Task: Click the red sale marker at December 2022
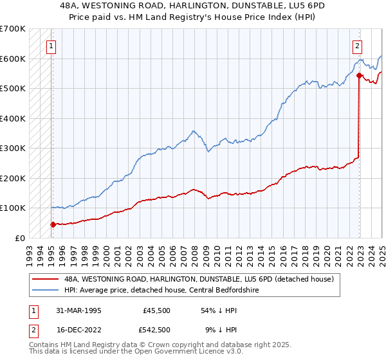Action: (x=358, y=76)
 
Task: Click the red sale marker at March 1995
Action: (x=53, y=224)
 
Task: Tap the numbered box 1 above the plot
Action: (x=50, y=46)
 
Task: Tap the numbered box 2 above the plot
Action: (x=357, y=46)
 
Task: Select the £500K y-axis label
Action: (x=13, y=88)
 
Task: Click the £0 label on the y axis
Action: (x=20, y=238)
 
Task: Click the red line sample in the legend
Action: (x=46, y=279)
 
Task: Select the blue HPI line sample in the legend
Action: (x=46, y=290)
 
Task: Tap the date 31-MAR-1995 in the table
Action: (x=77, y=310)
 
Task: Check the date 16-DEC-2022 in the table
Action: (x=77, y=330)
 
